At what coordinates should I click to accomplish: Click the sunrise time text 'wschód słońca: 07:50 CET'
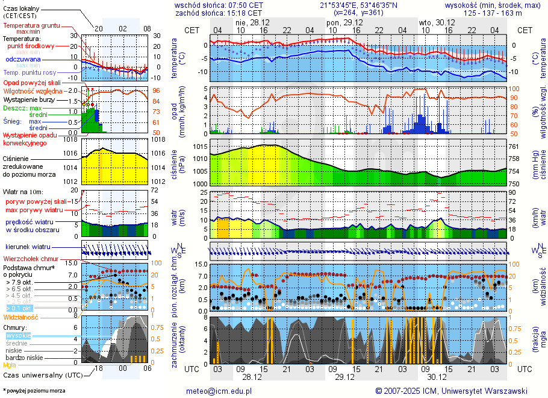pos(219,5)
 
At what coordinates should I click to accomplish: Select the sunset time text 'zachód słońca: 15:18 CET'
pos(219,13)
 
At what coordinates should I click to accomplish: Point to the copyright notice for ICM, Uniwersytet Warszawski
pos(451,391)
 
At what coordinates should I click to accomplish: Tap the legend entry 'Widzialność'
pos(21,317)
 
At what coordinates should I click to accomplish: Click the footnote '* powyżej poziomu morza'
pos(34,391)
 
